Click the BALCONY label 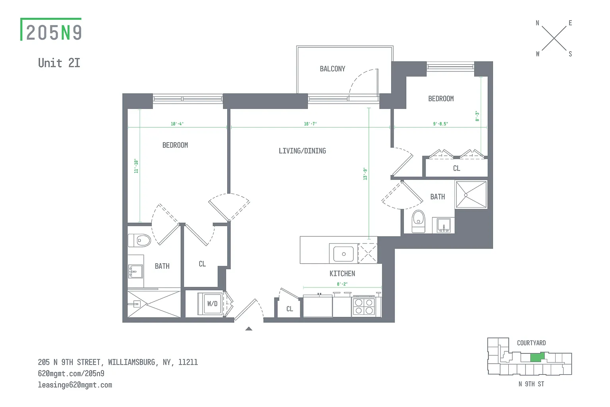[332, 69]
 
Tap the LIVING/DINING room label [302, 151]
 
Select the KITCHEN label [342, 274]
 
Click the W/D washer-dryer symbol [210, 304]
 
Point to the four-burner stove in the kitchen [364, 307]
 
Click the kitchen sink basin [344, 254]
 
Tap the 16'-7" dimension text [311, 124]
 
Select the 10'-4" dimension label [177, 124]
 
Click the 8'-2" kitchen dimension [342, 284]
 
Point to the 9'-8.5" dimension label [440, 124]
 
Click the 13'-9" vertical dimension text [365, 174]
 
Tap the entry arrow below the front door [249, 329]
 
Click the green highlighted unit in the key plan [537, 357]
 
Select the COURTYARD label [531, 343]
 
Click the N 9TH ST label [531, 384]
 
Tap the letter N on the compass [537, 23]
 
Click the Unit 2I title [59, 63]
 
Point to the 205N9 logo [51, 29]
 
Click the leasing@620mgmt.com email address [75, 385]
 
